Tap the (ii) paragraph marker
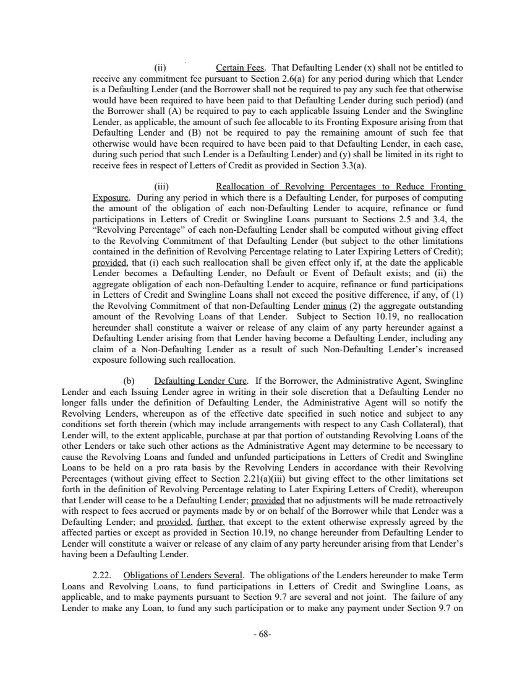click(160, 67)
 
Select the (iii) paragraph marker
click(161, 186)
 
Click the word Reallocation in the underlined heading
click(242, 186)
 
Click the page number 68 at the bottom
click(263, 635)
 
